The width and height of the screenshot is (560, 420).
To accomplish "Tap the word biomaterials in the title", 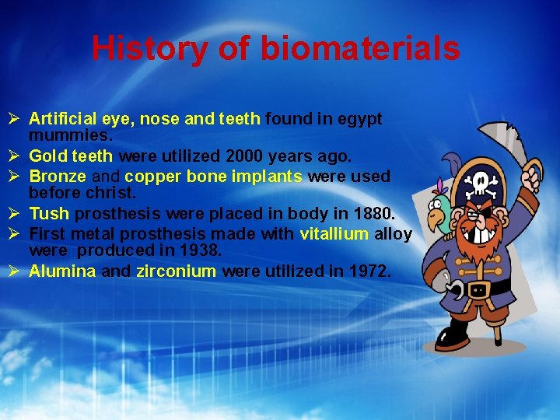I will (359, 48).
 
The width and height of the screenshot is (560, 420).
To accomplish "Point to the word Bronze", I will (58, 176).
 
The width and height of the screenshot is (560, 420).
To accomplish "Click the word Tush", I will (49, 213).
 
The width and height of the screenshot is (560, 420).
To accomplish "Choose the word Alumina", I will (62, 271).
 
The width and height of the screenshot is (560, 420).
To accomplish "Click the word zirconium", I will (176, 271).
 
